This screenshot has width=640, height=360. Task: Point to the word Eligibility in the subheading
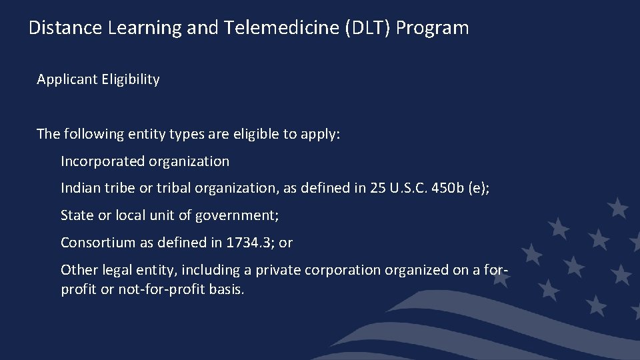tap(131, 79)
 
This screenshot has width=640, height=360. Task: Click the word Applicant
tap(67, 79)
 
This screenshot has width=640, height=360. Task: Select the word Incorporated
tap(103, 161)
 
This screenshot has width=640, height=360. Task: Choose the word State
tap(77, 215)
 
